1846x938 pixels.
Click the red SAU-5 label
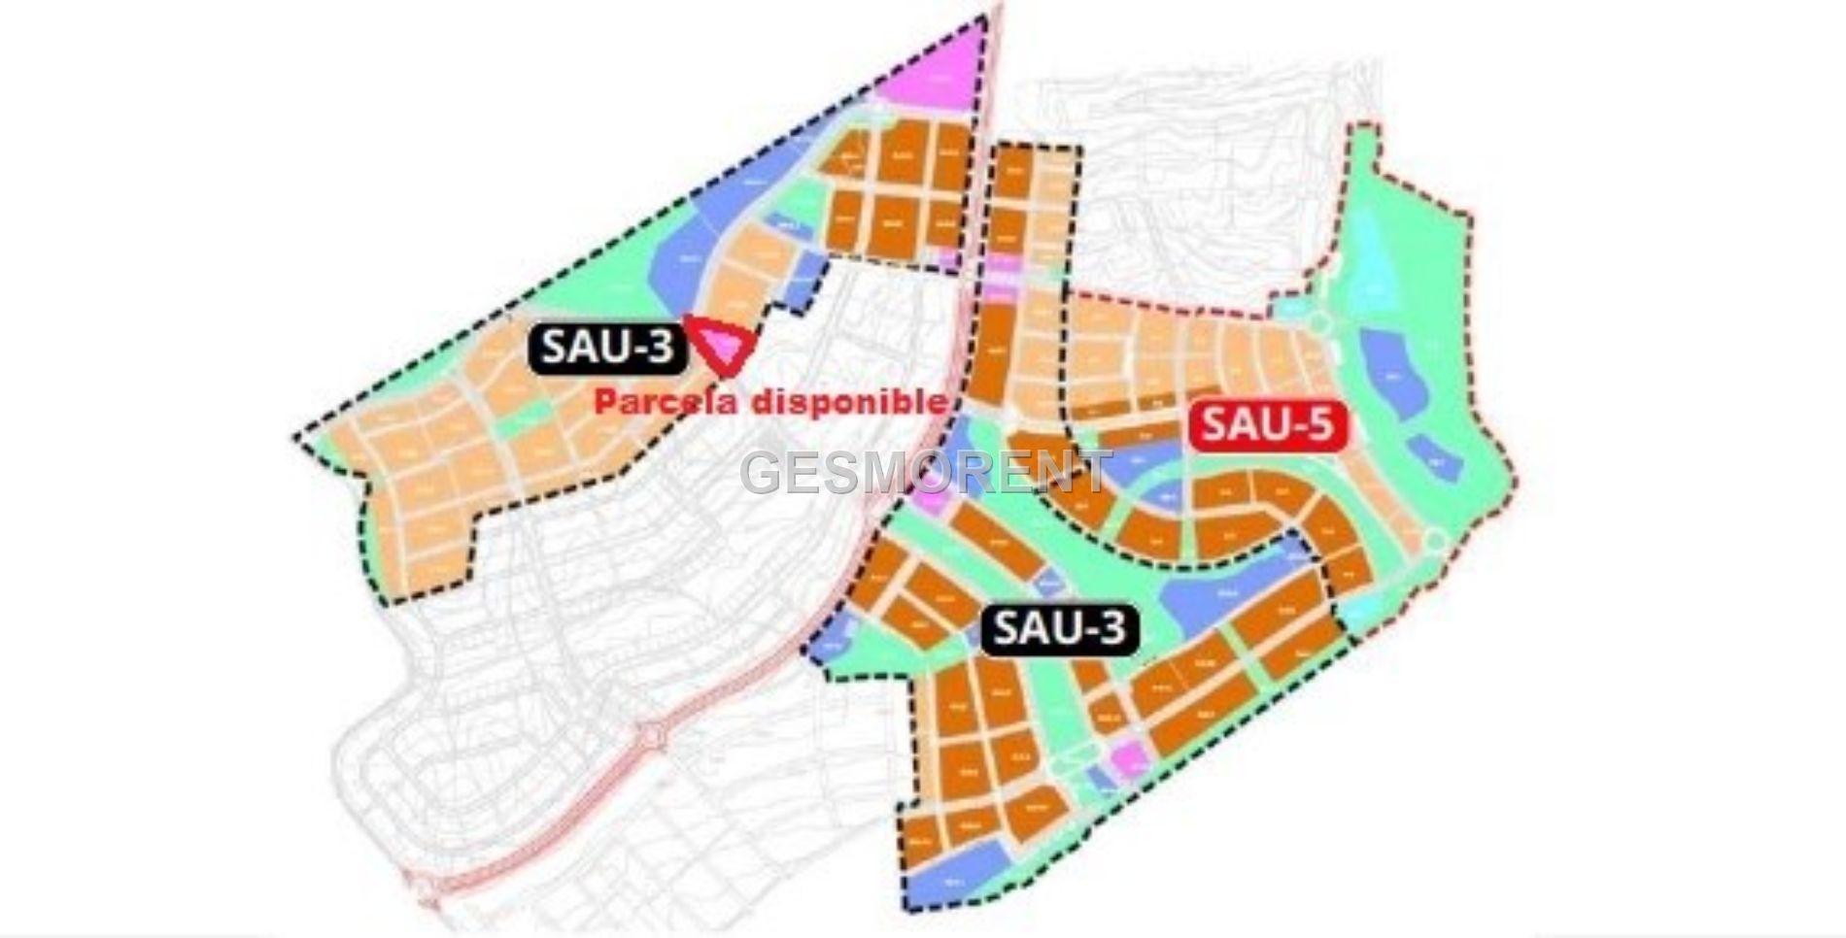(x=1265, y=425)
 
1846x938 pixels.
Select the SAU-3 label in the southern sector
(x=1060, y=629)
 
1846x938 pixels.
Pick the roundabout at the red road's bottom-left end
(x=427, y=888)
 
